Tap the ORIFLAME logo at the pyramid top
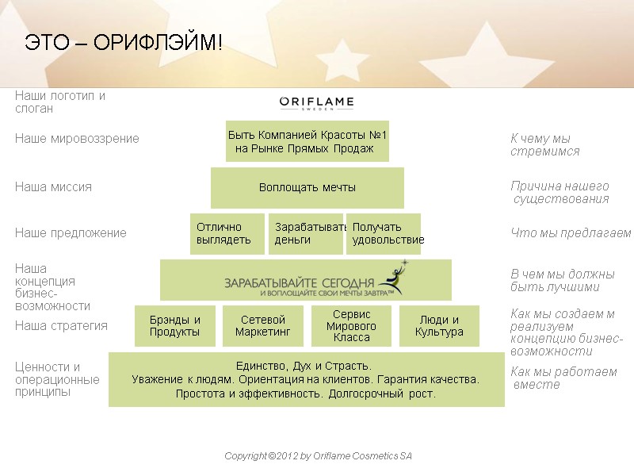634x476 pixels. tap(317, 103)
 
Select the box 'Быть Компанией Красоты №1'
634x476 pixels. tap(307, 141)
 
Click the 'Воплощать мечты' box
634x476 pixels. tap(307, 188)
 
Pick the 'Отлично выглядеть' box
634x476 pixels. tap(227, 233)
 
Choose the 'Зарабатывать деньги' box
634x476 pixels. tap(306, 233)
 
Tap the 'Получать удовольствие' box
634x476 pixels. tap(384, 233)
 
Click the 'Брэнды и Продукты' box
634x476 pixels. tap(174, 326)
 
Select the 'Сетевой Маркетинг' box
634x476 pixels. tap(263, 326)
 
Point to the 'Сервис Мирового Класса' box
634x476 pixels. tap(352, 326)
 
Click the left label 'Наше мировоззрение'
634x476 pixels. tap(77, 139)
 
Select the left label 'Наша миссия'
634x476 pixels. tap(53, 187)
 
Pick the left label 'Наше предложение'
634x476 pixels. tap(71, 233)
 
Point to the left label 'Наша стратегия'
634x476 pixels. tap(61, 325)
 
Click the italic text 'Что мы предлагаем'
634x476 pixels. tap(571, 233)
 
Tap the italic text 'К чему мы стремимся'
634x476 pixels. tap(544, 145)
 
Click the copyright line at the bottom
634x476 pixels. tap(319, 456)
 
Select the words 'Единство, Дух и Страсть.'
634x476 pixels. tap(304, 366)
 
